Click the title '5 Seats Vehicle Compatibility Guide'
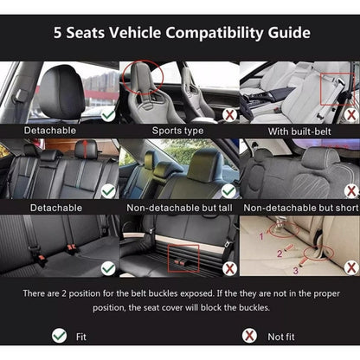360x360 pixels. click(182, 33)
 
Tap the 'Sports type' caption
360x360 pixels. click(177, 131)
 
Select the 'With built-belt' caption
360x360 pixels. click(299, 132)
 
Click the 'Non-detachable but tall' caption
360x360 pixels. click(179, 208)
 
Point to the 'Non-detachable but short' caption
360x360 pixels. click(301, 208)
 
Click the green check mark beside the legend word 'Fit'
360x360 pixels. click(60, 336)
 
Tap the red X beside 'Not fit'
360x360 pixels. click(249, 336)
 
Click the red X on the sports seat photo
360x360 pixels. click(229, 115)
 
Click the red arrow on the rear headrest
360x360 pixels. click(86, 149)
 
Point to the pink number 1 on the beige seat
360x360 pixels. click(261, 236)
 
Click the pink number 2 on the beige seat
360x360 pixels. click(280, 254)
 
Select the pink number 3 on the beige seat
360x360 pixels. click(295, 271)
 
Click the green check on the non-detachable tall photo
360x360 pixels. click(229, 190)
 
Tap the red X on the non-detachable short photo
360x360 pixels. click(351, 190)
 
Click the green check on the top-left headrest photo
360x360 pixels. click(108, 115)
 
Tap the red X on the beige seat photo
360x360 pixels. click(351, 267)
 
